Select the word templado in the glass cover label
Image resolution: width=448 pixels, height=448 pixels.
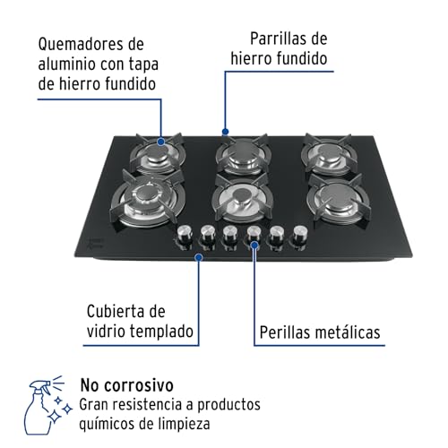pyautogui.click(x=159, y=332)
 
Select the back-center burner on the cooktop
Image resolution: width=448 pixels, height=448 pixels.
pyautogui.click(x=242, y=156)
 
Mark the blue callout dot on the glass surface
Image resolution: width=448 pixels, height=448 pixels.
pyautogui.click(x=198, y=256)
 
